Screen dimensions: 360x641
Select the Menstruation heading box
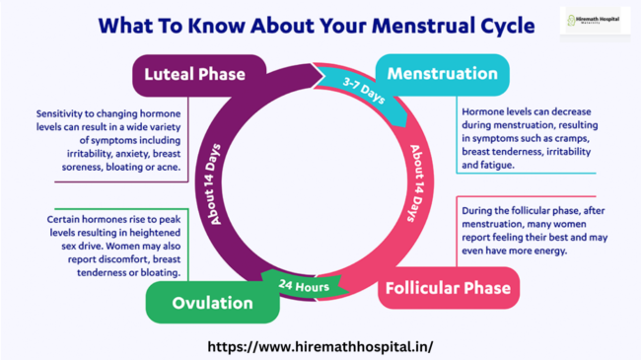coord(442,74)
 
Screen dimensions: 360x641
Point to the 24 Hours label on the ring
coord(303,286)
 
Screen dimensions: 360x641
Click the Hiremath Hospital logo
coord(594,22)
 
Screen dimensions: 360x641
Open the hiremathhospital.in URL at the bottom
coord(321,347)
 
